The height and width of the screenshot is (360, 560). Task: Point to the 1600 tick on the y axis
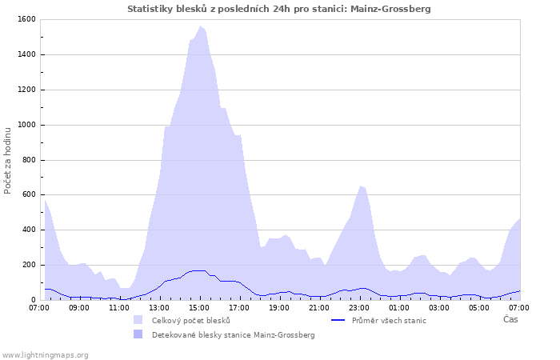[26, 19]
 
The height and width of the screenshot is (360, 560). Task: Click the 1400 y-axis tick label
[26, 54]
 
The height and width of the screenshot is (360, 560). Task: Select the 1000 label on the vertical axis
[26, 125]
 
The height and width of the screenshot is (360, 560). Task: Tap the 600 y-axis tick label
[28, 194]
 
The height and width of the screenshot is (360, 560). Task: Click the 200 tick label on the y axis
[28, 265]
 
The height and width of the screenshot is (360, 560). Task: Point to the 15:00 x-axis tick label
[199, 307]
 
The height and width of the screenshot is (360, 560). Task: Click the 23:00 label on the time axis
[359, 307]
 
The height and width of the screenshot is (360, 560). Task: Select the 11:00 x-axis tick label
[119, 307]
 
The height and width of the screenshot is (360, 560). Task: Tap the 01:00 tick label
[399, 307]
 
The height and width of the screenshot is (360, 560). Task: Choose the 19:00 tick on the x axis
[279, 307]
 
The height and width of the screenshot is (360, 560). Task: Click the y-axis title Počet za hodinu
[8, 159]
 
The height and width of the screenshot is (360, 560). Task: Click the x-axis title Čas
[510, 319]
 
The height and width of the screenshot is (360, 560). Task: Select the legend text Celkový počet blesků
[190, 321]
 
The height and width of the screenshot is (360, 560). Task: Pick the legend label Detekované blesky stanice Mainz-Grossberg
[233, 335]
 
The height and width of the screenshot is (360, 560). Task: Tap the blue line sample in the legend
[338, 321]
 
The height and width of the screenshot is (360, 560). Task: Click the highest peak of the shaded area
[200, 26]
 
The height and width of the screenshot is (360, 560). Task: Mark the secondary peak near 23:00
[361, 186]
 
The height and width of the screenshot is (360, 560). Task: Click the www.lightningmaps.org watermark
[45, 354]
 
